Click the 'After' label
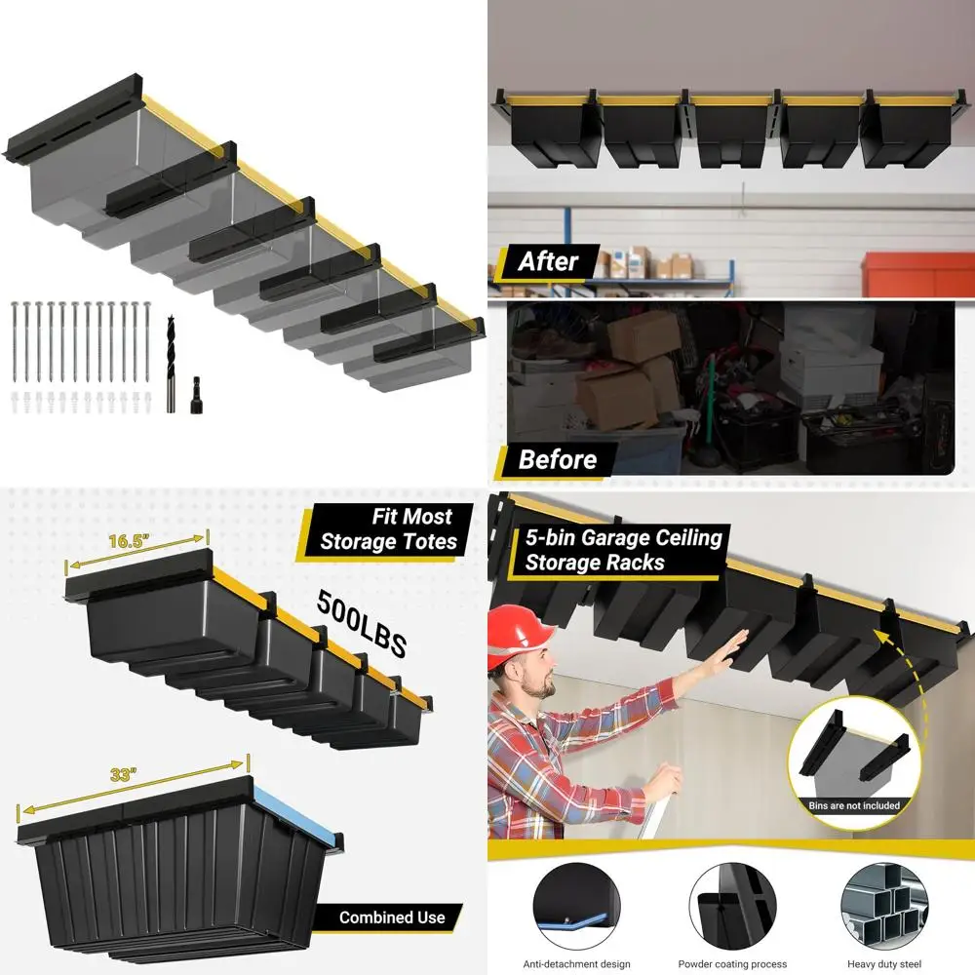548,261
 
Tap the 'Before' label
557,459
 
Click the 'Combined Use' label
392,916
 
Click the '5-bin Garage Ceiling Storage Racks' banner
622,550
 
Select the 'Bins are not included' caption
853,805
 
